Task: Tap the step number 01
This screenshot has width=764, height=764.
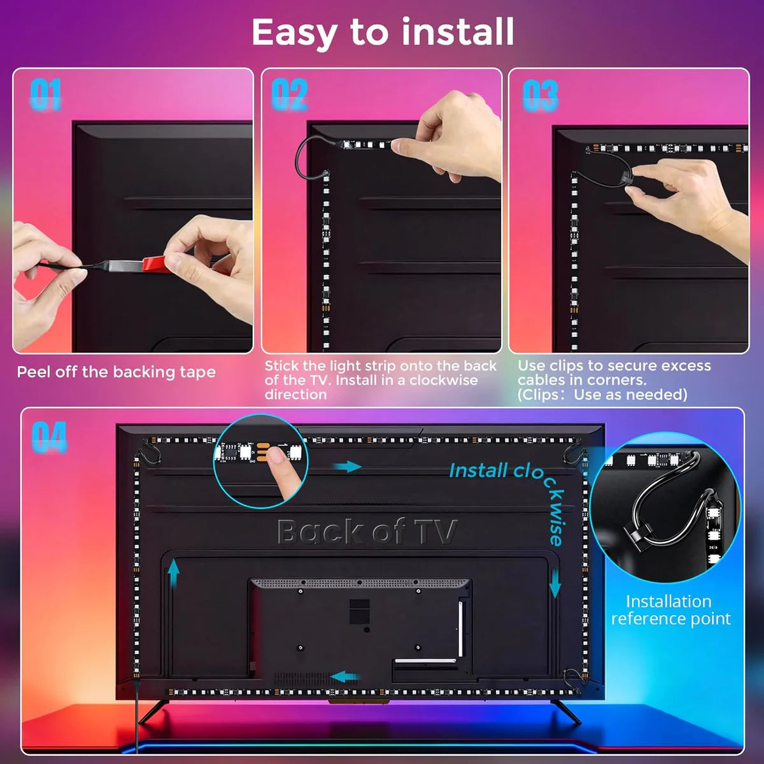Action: (x=45, y=94)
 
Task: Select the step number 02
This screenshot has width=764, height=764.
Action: (x=289, y=94)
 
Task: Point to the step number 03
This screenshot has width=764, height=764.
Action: (x=540, y=95)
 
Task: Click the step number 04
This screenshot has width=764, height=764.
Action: (x=49, y=437)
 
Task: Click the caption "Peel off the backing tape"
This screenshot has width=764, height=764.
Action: (x=116, y=372)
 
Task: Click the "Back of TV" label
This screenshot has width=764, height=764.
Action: (x=367, y=531)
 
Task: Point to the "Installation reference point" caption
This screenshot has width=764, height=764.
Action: (x=670, y=610)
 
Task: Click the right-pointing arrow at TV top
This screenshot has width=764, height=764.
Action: (x=347, y=467)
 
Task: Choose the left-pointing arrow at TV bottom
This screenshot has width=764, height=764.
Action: (x=346, y=676)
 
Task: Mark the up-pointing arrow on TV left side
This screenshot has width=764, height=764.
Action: (x=173, y=574)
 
